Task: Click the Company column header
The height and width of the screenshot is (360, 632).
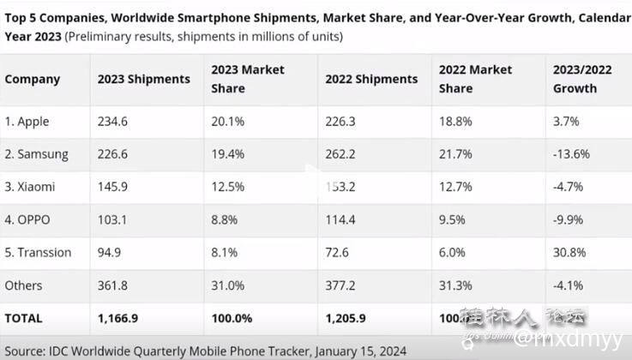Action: [33, 79]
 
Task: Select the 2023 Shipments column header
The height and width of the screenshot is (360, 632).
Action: [145, 79]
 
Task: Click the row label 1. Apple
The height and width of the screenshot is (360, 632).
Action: [27, 122]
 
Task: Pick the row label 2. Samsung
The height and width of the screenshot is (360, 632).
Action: [36, 155]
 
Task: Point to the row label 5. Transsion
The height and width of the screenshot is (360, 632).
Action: [38, 253]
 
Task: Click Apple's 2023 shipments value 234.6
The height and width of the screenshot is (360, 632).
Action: [113, 122]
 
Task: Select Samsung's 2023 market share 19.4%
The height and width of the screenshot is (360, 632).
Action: [227, 155]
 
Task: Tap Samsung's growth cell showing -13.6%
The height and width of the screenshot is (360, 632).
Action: [573, 155]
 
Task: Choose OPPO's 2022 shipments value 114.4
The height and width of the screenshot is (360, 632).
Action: [340, 220]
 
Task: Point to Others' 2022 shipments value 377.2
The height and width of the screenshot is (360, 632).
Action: [340, 285]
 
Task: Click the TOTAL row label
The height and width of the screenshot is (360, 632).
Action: [23, 318]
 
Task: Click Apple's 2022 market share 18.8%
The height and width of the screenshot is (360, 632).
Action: [455, 122]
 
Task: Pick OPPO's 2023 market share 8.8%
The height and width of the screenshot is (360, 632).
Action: [224, 220]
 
